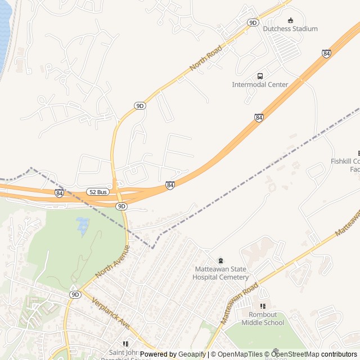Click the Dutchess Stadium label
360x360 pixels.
(x=290, y=29)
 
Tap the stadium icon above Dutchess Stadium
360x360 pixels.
(x=290, y=20)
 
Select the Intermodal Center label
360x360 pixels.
(x=260, y=84)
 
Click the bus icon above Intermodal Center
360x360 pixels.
(x=260, y=76)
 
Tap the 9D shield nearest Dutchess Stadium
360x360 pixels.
(x=253, y=22)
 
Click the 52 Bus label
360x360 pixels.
(x=97, y=192)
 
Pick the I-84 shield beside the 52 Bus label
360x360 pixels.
(x=59, y=193)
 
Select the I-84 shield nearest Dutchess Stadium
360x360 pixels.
(x=326, y=53)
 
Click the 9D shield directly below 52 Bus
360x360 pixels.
(x=121, y=206)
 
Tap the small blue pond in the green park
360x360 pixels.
(x=83, y=225)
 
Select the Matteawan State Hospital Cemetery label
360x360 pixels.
(x=220, y=273)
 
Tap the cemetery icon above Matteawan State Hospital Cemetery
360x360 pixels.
(x=220, y=260)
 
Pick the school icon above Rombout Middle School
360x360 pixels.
(x=263, y=306)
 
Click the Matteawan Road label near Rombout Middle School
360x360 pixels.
(x=240, y=303)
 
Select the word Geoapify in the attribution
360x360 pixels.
(x=192, y=354)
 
